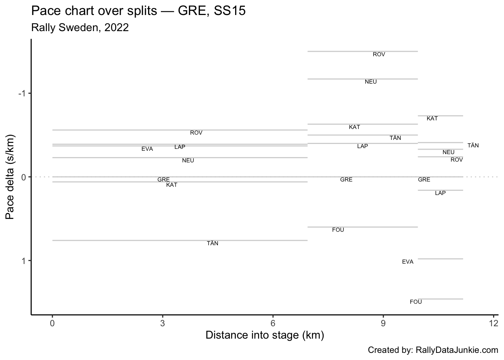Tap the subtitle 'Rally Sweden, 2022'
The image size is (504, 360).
[80, 28]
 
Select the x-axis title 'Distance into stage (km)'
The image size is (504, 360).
[265, 335]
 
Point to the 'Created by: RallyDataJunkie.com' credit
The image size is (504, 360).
[433, 350]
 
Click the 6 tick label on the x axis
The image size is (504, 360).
[273, 323]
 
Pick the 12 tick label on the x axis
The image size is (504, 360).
[493, 323]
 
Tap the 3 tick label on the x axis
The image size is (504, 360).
[162, 323]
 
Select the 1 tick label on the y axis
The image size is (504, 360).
[23, 261]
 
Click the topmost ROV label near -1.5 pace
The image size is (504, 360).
[379, 54]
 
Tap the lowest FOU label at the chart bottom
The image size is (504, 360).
[415, 302]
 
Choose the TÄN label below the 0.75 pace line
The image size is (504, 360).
[213, 243]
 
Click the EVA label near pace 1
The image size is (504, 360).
[408, 262]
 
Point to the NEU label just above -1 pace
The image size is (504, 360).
[370, 82]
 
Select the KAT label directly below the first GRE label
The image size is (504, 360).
[172, 185]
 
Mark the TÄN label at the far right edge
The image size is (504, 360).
[473, 145]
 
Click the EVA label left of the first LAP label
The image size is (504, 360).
[147, 149]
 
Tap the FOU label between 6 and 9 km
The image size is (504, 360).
[338, 230]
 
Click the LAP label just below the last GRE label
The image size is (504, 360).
[440, 193]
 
